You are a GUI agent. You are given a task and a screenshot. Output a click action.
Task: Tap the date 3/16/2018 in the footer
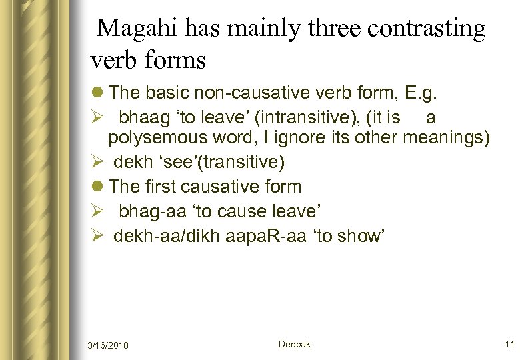click(109, 345)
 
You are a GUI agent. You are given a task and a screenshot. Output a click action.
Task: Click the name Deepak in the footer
click(295, 344)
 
